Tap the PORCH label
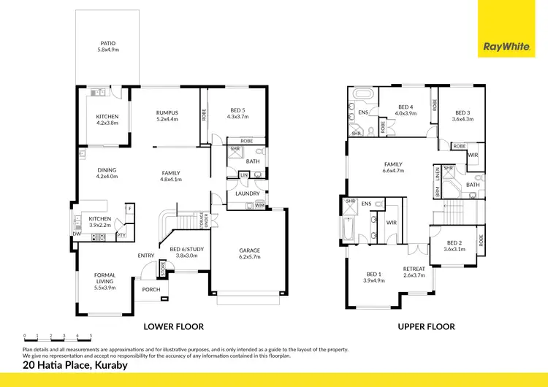click(x=151, y=289)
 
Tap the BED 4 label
click(x=406, y=110)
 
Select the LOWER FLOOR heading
click(x=173, y=326)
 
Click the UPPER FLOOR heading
click(x=426, y=326)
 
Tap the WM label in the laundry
click(x=259, y=206)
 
